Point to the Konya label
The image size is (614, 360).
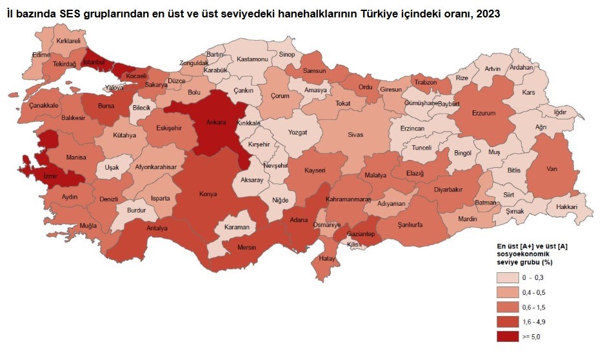point(207,193)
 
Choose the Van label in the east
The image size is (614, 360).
point(551,168)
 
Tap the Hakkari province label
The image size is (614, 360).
point(568,206)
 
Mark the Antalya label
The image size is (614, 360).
point(157,228)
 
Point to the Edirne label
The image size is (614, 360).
point(41,55)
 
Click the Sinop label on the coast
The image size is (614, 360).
point(287,55)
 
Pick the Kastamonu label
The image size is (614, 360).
point(252,59)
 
